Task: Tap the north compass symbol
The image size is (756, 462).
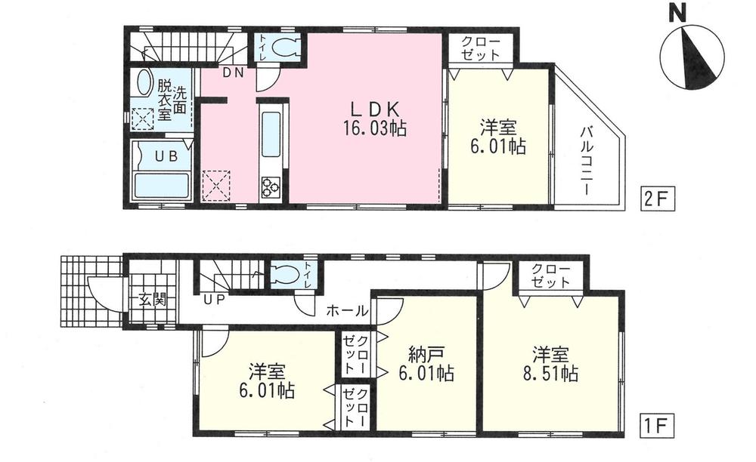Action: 690,55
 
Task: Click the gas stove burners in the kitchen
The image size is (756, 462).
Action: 271,186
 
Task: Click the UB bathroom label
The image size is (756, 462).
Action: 165,157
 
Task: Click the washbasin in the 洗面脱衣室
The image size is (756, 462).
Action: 141,83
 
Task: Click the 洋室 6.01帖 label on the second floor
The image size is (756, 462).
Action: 493,137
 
